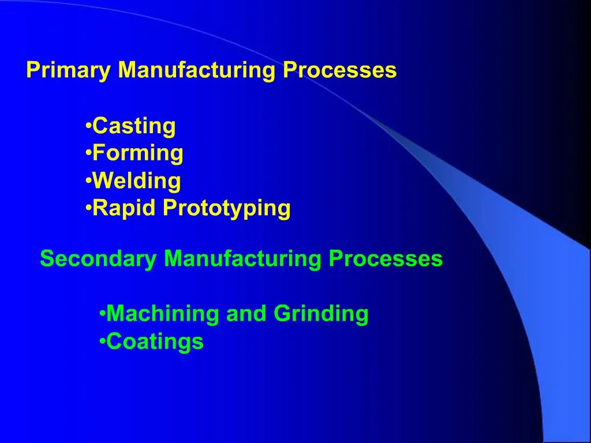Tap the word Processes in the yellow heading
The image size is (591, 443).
pos(339,70)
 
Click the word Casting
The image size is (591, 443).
pos(134,126)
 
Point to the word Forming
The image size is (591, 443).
pos(138,154)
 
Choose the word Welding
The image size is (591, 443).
pos(137,181)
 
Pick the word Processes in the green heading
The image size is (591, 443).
pos(386,259)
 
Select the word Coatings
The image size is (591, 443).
pos(155,341)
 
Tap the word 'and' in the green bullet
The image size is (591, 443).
pos(246,314)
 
